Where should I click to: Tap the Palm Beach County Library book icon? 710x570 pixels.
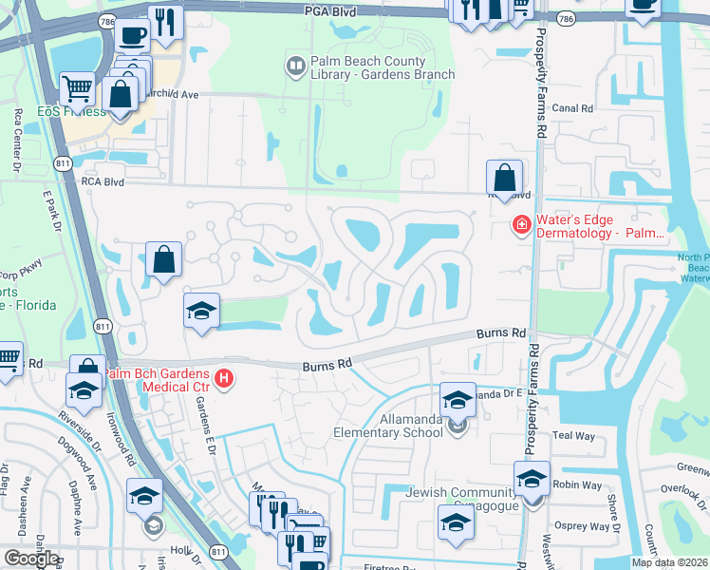click(295, 66)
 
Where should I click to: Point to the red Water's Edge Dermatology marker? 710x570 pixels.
click(521, 225)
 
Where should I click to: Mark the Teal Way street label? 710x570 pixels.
click(573, 435)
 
